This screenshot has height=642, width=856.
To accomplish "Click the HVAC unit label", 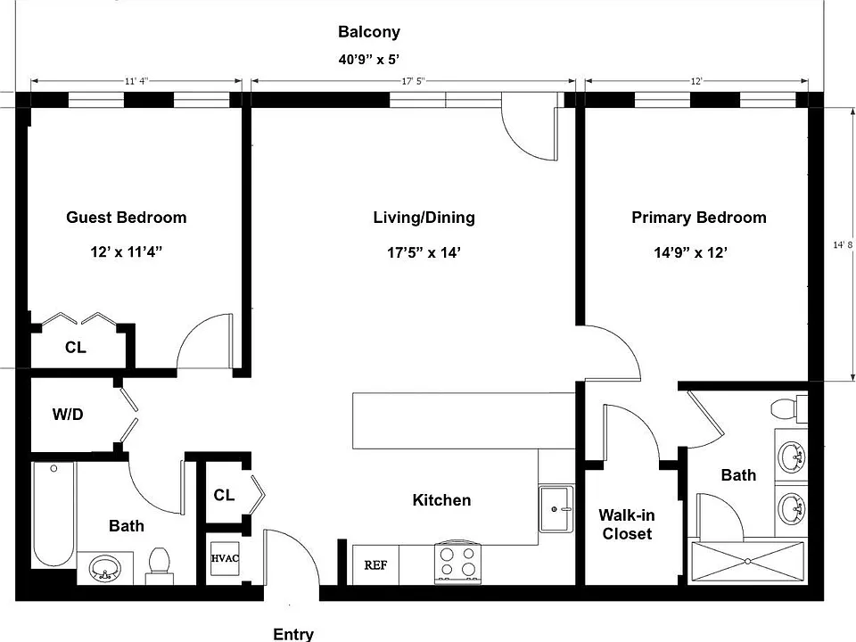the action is click(x=225, y=558).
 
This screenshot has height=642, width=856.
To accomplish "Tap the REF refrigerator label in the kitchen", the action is click(x=375, y=565).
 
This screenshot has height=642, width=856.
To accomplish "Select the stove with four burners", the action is click(x=458, y=563).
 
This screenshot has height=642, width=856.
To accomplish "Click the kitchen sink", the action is click(x=556, y=509).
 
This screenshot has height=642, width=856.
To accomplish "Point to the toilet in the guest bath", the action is click(x=159, y=566).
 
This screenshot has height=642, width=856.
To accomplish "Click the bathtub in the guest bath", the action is click(x=53, y=515).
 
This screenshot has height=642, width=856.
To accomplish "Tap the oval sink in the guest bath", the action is click(x=105, y=568).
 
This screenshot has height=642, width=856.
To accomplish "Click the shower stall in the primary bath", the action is click(x=747, y=561).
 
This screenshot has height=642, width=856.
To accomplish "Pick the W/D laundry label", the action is click(x=68, y=415).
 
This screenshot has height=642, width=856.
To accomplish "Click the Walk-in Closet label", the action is click(x=627, y=524).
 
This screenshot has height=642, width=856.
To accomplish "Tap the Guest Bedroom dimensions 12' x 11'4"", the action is click(x=127, y=251).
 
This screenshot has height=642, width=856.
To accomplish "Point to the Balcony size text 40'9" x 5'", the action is click(x=369, y=59).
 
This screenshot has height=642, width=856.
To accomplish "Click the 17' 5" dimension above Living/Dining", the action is click(x=413, y=81).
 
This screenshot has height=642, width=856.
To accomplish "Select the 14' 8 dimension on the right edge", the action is click(x=843, y=244).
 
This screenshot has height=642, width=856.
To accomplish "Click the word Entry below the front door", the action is click(x=293, y=634).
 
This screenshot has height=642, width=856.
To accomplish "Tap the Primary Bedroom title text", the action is click(x=699, y=218).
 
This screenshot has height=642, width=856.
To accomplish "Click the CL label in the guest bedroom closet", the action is click(x=75, y=347).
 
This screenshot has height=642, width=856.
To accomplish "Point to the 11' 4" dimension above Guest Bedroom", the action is click(x=136, y=81).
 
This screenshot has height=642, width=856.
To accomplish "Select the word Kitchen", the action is click(x=441, y=500).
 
